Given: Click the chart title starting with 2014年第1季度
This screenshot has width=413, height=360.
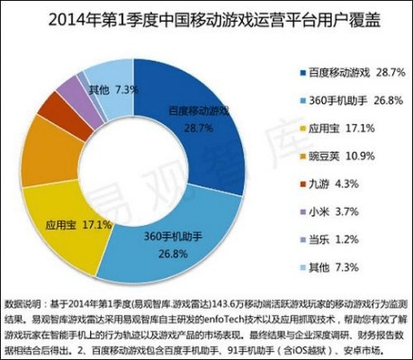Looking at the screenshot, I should coord(205,19).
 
